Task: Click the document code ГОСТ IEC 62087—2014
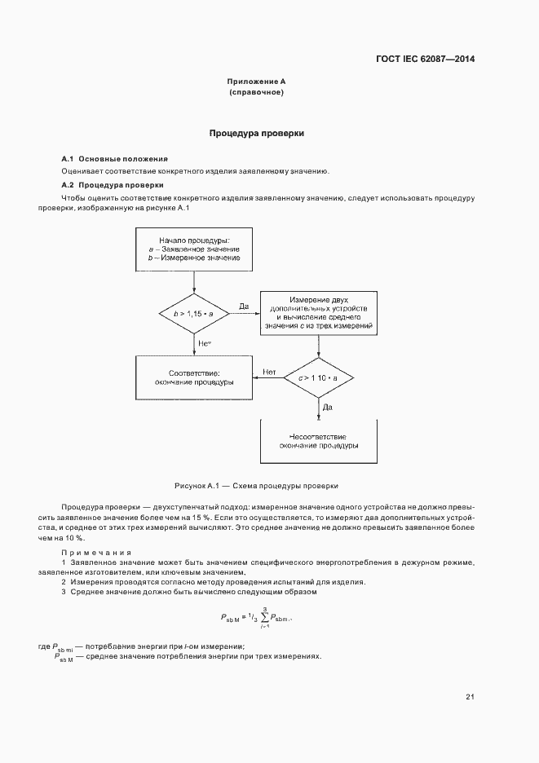[426, 59]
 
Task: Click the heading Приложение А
[256, 82]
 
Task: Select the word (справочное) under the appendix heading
[256, 92]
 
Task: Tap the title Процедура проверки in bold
[257, 133]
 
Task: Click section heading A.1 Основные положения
[114, 157]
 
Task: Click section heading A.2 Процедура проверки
[112, 185]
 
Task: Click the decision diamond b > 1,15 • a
[194, 312]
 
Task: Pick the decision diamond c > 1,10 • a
[317, 379]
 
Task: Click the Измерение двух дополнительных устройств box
[317, 312]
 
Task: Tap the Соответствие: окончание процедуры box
[194, 377]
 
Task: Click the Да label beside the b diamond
[243, 307]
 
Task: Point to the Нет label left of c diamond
[269, 373]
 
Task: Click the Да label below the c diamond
[327, 406]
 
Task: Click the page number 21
[470, 696]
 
